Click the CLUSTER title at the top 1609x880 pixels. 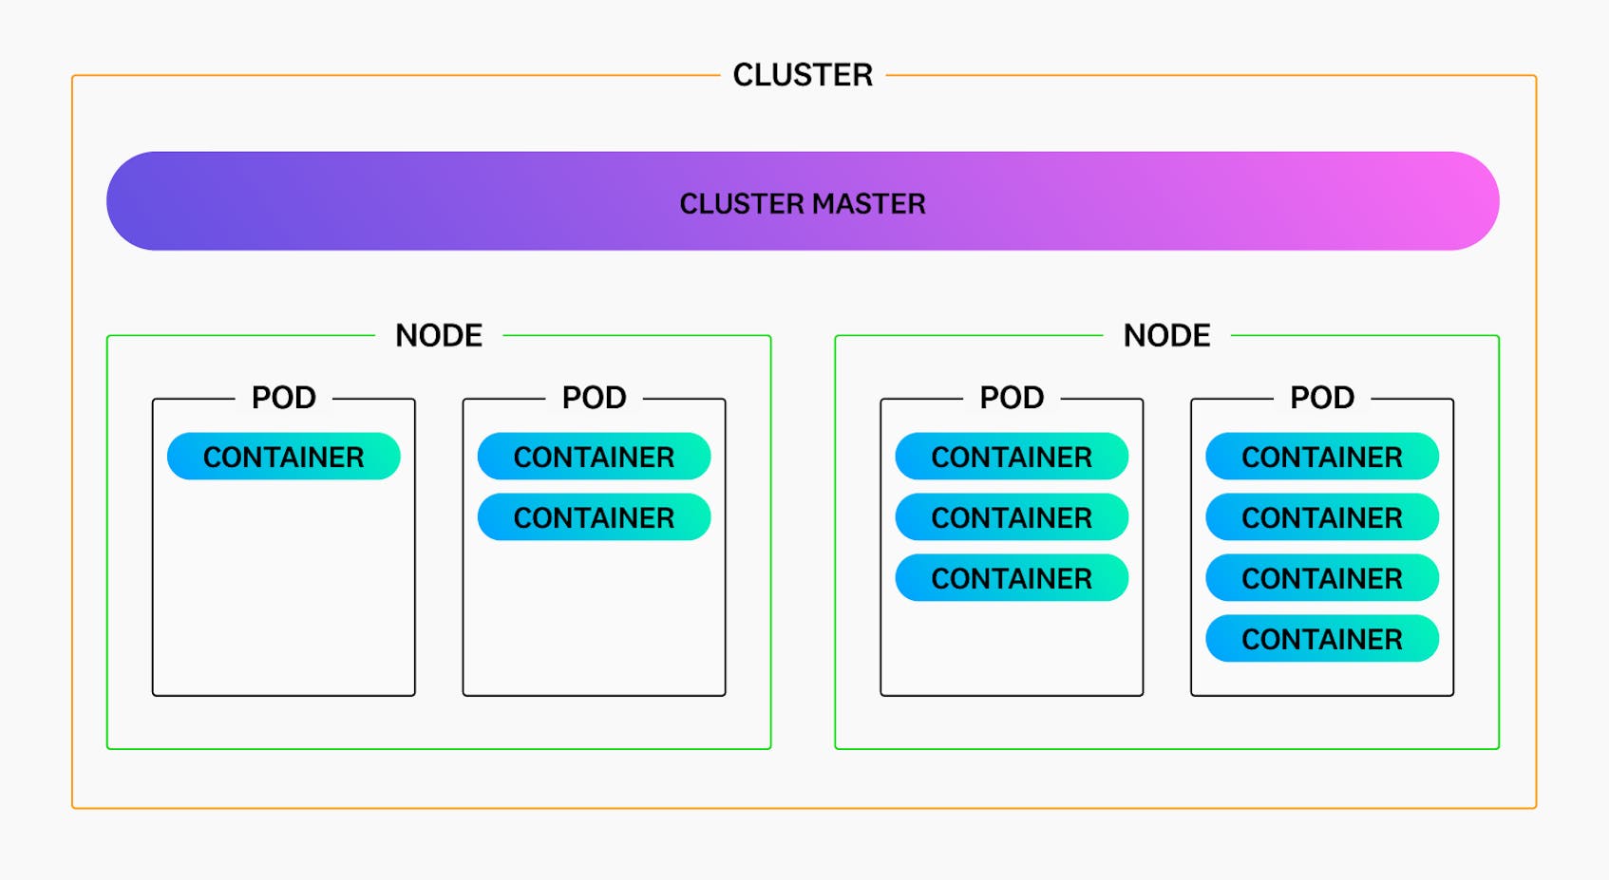tap(803, 75)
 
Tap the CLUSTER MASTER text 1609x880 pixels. tap(803, 203)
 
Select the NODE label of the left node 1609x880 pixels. tap(439, 335)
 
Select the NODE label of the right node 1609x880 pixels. tap(1166, 335)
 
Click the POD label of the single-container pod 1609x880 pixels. tap(283, 398)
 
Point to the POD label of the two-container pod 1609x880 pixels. tap(594, 398)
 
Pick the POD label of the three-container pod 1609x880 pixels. tap(1012, 398)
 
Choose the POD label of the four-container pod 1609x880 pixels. tap(1321, 398)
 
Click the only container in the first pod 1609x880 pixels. tap(283, 457)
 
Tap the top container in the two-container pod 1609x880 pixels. tap(594, 457)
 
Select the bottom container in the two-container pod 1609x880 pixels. tap(594, 517)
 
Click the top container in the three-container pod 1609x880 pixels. tap(1012, 457)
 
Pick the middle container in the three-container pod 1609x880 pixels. tap(1012, 517)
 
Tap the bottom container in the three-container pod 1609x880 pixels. tap(1012, 578)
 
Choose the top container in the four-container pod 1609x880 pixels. tap(1321, 457)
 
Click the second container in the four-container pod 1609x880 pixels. tap(1321, 517)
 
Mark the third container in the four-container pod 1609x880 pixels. tap(1321, 578)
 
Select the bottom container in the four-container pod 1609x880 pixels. tap(1321, 639)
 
